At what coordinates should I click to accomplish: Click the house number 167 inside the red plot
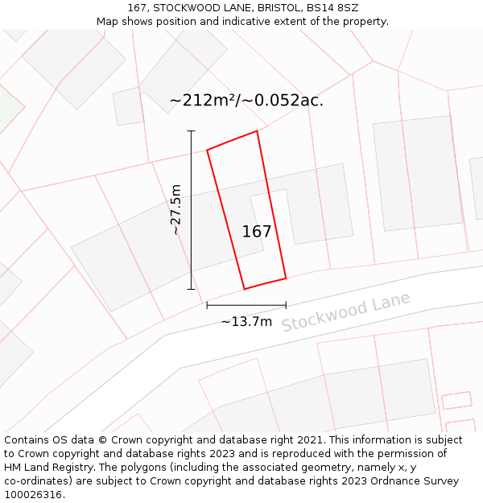[x=257, y=232]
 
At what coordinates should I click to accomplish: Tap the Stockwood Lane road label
[x=345, y=311]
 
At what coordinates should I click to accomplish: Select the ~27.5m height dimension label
[x=176, y=210]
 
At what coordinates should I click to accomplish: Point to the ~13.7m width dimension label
[x=246, y=322]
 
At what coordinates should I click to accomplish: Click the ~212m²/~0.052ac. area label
[x=246, y=101]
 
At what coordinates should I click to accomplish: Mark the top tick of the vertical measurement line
[x=191, y=130]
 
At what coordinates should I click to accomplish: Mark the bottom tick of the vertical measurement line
[x=191, y=289]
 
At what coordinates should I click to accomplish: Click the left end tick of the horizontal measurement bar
[x=207, y=305]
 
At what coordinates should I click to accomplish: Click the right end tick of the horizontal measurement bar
[x=286, y=305]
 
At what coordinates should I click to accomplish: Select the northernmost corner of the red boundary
[x=257, y=131]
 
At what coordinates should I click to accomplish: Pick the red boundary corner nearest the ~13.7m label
[x=245, y=289]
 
